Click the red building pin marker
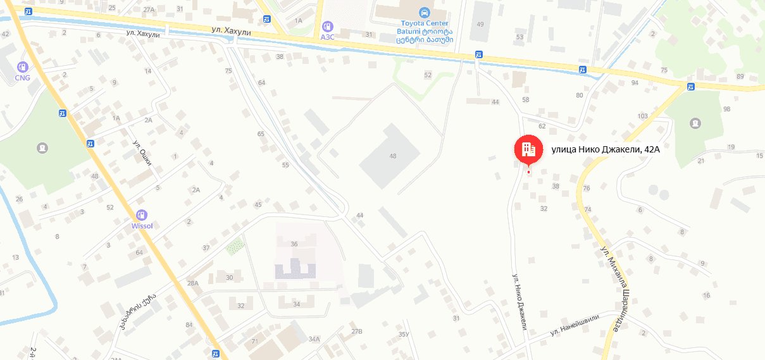pyautogui.click(x=528, y=149)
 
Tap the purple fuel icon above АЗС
pyautogui.click(x=327, y=27)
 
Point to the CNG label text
pyautogui.click(x=23, y=78)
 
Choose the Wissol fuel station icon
pyautogui.click(x=142, y=215)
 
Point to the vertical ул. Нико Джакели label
pyautogui.click(x=520, y=300)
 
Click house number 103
pyautogui.click(x=643, y=116)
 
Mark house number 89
pyautogui.click(x=740, y=77)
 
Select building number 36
pyautogui.click(x=294, y=244)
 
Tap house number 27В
pyautogui.click(x=357, y=331)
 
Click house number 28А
pyautogui.click(x=193, y=283)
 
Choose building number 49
pyautogui.click(x=480, y=24)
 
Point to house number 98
pyautogui.click(x=726, y=109)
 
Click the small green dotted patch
pyautogui.click(x=234, y=245)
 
